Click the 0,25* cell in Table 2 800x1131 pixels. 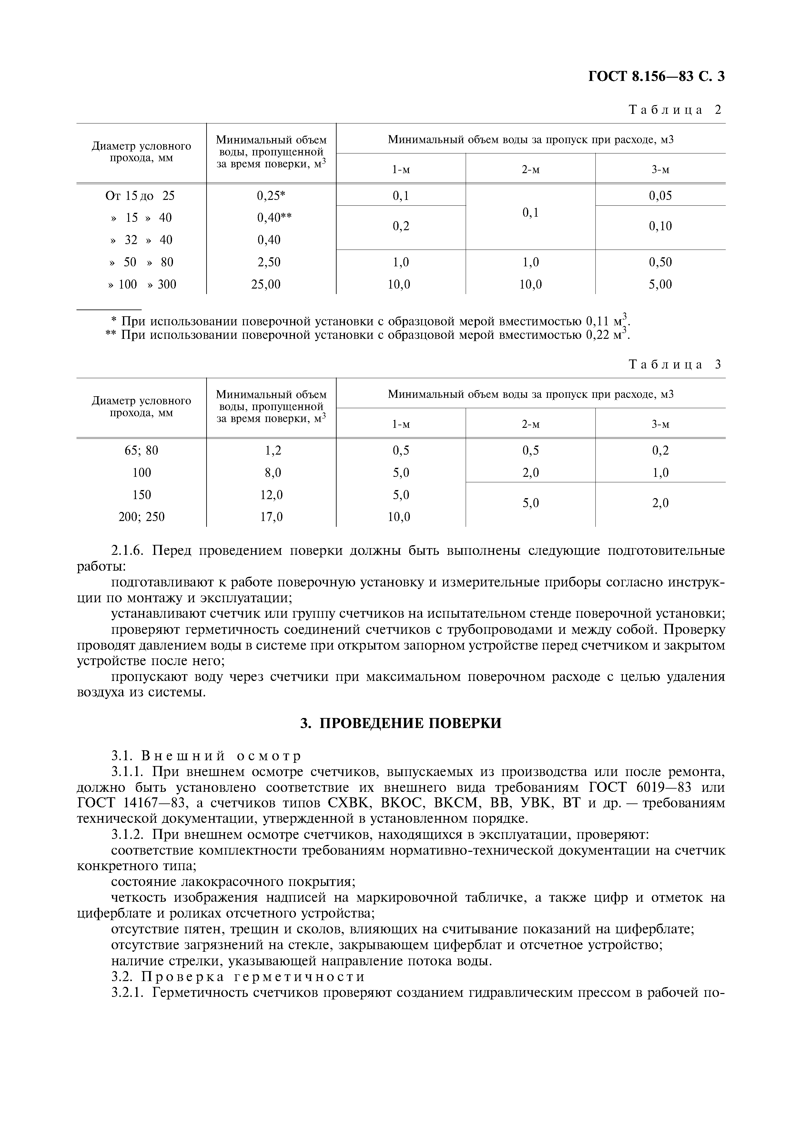click(271, 196)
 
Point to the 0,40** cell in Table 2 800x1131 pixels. click(274, 218)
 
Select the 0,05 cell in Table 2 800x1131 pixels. click(660, 196)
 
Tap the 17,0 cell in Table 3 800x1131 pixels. click(271, 517)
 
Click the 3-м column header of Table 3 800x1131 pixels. click(660, 424)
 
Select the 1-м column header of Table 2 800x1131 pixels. click(401, 170)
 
